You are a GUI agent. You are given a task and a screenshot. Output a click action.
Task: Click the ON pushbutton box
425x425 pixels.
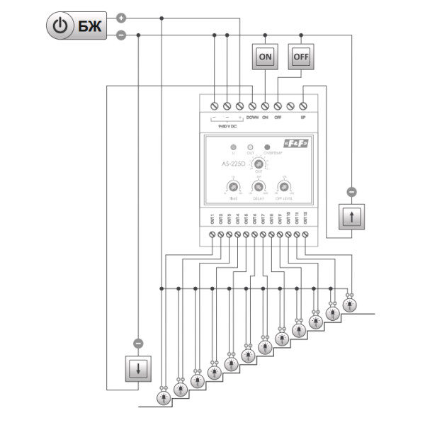265,57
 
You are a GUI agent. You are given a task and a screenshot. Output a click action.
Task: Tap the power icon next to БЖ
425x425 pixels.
62,26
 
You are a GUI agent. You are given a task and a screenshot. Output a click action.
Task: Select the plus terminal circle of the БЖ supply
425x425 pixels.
121,18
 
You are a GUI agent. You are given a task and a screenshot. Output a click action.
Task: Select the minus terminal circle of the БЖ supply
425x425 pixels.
121,34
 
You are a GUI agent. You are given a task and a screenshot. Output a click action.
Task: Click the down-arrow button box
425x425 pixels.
138,368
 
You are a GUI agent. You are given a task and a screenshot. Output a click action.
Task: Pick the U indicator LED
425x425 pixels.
233,147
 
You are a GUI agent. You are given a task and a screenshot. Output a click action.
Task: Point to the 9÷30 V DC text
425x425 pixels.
227,125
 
